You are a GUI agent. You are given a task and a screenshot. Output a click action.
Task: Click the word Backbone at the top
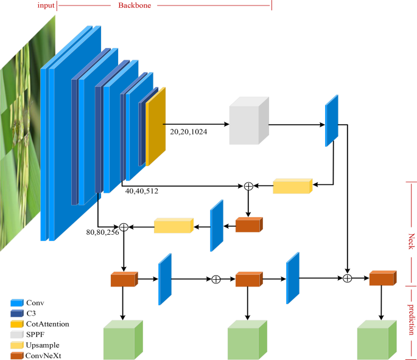(x=135, y=5)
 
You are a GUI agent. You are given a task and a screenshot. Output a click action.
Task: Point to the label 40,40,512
(x=142, y=190)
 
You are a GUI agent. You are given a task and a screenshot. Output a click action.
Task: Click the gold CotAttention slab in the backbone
(x=155, y=126)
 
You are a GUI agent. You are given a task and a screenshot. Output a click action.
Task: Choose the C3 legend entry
(x=32, y=313)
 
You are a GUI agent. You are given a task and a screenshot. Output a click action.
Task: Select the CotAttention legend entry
(x=47, y=324)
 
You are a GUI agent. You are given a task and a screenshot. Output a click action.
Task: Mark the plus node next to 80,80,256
(x=124, y=227)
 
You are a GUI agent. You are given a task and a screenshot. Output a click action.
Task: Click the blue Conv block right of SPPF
(x=331, y=120)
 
